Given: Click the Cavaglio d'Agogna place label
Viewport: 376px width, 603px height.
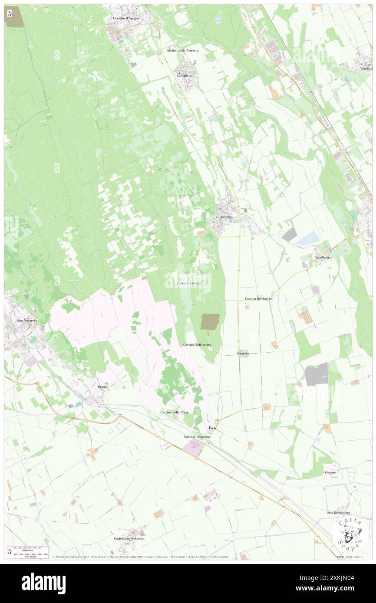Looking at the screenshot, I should (126, 18).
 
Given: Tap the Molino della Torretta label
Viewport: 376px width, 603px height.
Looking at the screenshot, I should (182, 51).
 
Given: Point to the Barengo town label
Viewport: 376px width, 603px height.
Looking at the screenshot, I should (227, 216).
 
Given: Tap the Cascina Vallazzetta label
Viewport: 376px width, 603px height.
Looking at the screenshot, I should (197, 344).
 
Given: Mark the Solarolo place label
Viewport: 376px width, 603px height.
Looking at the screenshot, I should (243, 354).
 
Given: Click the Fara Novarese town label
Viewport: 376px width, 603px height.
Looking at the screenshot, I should (26, 320).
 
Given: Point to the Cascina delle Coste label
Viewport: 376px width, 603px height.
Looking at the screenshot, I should (174, 412).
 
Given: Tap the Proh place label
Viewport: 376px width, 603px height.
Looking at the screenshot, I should (212, 428).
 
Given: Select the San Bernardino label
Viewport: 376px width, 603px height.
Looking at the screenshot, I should (338, 513).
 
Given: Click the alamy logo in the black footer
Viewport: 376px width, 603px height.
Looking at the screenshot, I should (44, 583).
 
